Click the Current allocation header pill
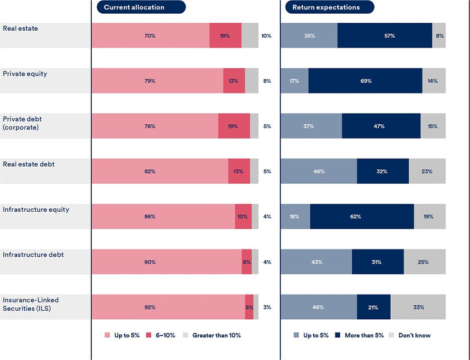[141, 7]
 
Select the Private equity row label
[25, 74]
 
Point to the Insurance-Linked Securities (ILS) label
[31, 304]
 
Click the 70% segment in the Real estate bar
[150, 36]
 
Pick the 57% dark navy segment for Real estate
[385, 36]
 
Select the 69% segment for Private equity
[365, 81]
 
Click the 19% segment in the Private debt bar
[233, 126]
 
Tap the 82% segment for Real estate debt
[159, 172]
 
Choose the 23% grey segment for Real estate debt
[427, 172]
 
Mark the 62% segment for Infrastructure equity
[362, 217]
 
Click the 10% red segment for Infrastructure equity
[243, 217]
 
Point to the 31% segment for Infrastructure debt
[378, 262]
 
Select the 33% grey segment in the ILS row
[418, 307]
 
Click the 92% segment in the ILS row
[168, 307]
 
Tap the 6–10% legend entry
[161, 335]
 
